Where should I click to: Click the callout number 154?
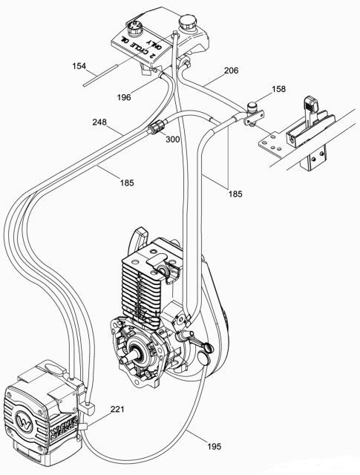[x=80, y=67]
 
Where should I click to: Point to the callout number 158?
[x=278, y=89]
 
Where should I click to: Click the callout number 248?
[x=103, y=121]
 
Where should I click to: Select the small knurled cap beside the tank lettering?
[x=136, y=30]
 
